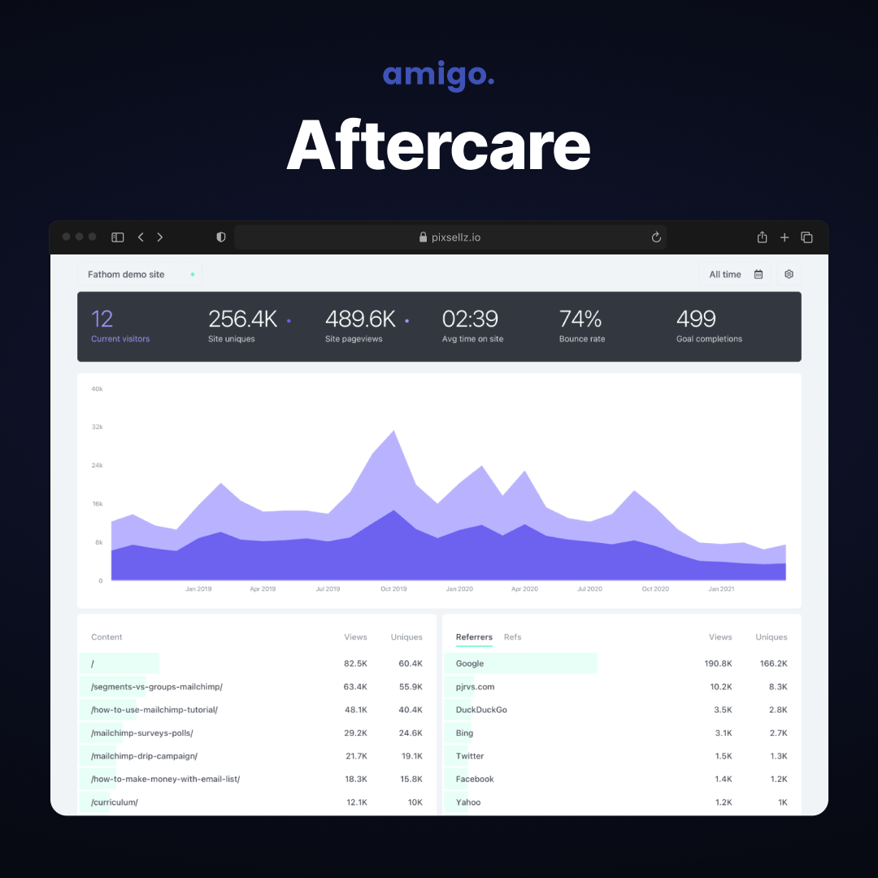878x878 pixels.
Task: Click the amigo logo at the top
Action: (x=438, y=75)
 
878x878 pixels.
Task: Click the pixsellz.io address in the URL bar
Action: (x=456, y=237)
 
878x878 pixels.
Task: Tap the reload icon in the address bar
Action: (x=656, y=237)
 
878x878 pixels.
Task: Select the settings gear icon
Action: (x=789, y=275)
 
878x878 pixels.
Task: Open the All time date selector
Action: (x=735, y=275)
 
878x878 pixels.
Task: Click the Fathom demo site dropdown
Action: (x=140, y=275)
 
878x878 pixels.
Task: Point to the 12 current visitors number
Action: (x=102, y=319)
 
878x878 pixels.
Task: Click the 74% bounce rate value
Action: (x=580, y=319)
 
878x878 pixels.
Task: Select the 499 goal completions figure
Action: (x=696, y=319)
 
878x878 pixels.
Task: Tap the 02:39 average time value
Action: (x=470, y=319)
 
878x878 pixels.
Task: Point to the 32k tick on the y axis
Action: (x=97, y=427)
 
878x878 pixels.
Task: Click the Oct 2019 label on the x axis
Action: (x=393, y=589)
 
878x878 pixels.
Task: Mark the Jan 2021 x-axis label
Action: (x=721, y=589)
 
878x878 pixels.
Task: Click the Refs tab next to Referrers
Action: (x=512, y=637)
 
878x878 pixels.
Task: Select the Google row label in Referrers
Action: (x=470, y=663)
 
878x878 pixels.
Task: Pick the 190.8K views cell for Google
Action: (x=719, y=663)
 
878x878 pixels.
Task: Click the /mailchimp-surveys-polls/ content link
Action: (x=142, y=733)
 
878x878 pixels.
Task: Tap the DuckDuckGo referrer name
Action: (x=481, y=710)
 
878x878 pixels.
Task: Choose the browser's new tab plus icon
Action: (x=785, y=237)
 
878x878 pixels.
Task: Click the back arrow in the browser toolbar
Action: (x=141, y=237)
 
